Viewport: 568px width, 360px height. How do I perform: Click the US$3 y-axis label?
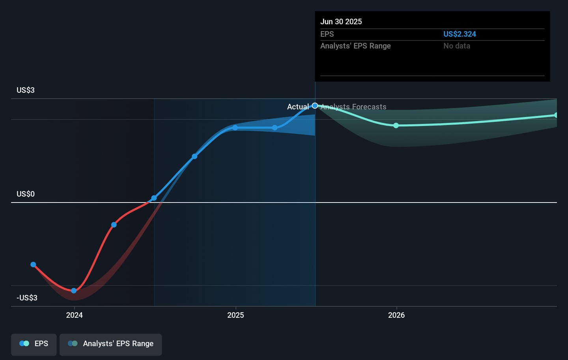(26, 90)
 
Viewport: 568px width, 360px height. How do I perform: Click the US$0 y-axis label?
(26, 194)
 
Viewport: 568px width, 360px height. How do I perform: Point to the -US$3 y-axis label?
(27, 298)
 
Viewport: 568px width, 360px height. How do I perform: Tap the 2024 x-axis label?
(74, 315)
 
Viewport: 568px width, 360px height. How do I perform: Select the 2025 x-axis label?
(235, 315)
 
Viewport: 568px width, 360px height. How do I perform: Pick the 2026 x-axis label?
(396, 315)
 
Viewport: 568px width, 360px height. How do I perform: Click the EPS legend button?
(34, 344)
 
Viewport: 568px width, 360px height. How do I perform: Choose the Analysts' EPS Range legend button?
(110, 344)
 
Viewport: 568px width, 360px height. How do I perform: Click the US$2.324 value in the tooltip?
(460, 34)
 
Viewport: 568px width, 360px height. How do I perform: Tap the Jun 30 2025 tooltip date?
(341, 22)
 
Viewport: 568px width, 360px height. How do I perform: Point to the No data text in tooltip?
(457, 46)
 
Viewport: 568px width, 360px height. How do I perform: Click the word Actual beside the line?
(298, 107)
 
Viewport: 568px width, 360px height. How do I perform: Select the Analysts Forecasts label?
(354, 107)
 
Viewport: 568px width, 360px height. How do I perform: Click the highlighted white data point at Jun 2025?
(315, 106)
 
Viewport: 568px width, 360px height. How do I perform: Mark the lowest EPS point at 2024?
(74, 291)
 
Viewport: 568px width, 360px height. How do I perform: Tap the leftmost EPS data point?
(33, 264)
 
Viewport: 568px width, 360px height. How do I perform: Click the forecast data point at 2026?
(396, 126)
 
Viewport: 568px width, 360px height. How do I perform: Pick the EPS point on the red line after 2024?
(114, 225)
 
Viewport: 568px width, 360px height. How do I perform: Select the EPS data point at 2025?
(235, 128)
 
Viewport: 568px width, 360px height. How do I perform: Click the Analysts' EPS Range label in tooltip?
(355, 46)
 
